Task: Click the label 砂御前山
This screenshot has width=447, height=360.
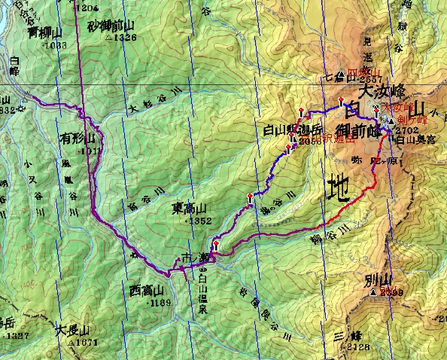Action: tap(112, 26)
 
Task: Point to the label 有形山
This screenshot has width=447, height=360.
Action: tap(78, 139)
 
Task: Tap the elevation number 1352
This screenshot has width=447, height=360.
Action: tap(198, 221)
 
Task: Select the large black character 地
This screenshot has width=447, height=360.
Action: tap(339, 188)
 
